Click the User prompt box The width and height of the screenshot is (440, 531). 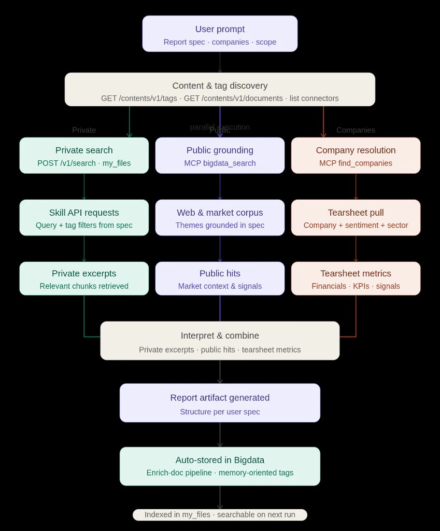[x=220, y=34]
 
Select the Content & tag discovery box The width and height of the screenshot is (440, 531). [x=220, y=90]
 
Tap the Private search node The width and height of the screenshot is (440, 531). [x=84, y=156]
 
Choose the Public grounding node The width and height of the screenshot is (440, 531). [x=220, y=156]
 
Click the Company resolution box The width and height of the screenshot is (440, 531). [x=356, y=156]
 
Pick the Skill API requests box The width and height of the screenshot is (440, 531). [x=84, y=218]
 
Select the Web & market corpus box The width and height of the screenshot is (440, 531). [x=220, y=218]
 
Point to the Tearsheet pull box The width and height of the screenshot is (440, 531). [x=356, y=218]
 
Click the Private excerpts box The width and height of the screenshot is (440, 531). [x=84, y=279]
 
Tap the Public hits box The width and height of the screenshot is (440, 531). [x=220, y=279]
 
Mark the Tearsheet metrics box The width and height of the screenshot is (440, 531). [x=356, y=279]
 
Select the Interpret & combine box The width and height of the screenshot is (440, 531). [x=220, y=341]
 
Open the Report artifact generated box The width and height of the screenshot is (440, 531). [x=220, y=403]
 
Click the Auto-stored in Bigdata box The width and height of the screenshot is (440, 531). [x=220, y=466]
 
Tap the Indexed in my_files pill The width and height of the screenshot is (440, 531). [x=220, y=515]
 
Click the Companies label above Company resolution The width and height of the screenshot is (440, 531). [x=356, y=130]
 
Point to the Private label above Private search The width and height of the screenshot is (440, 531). [x=84, y=130]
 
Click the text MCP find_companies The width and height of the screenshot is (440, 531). [x=356, y=163]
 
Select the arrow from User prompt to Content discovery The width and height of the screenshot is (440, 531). [x=220, y=62]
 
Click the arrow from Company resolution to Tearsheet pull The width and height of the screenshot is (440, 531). [x=356, y=187]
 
